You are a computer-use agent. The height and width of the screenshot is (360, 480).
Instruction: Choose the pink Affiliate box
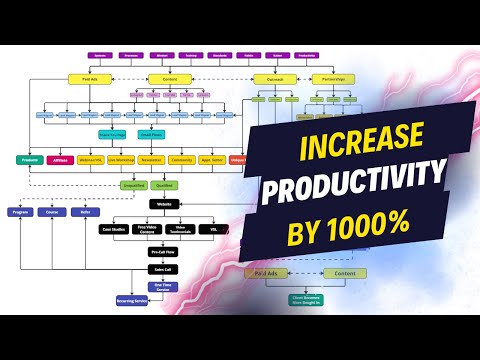point(62,160)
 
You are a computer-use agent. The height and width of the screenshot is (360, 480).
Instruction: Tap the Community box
point(181,160)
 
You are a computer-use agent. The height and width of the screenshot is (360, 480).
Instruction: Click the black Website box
point(163,205)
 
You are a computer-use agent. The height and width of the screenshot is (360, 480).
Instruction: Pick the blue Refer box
point(86,213)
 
